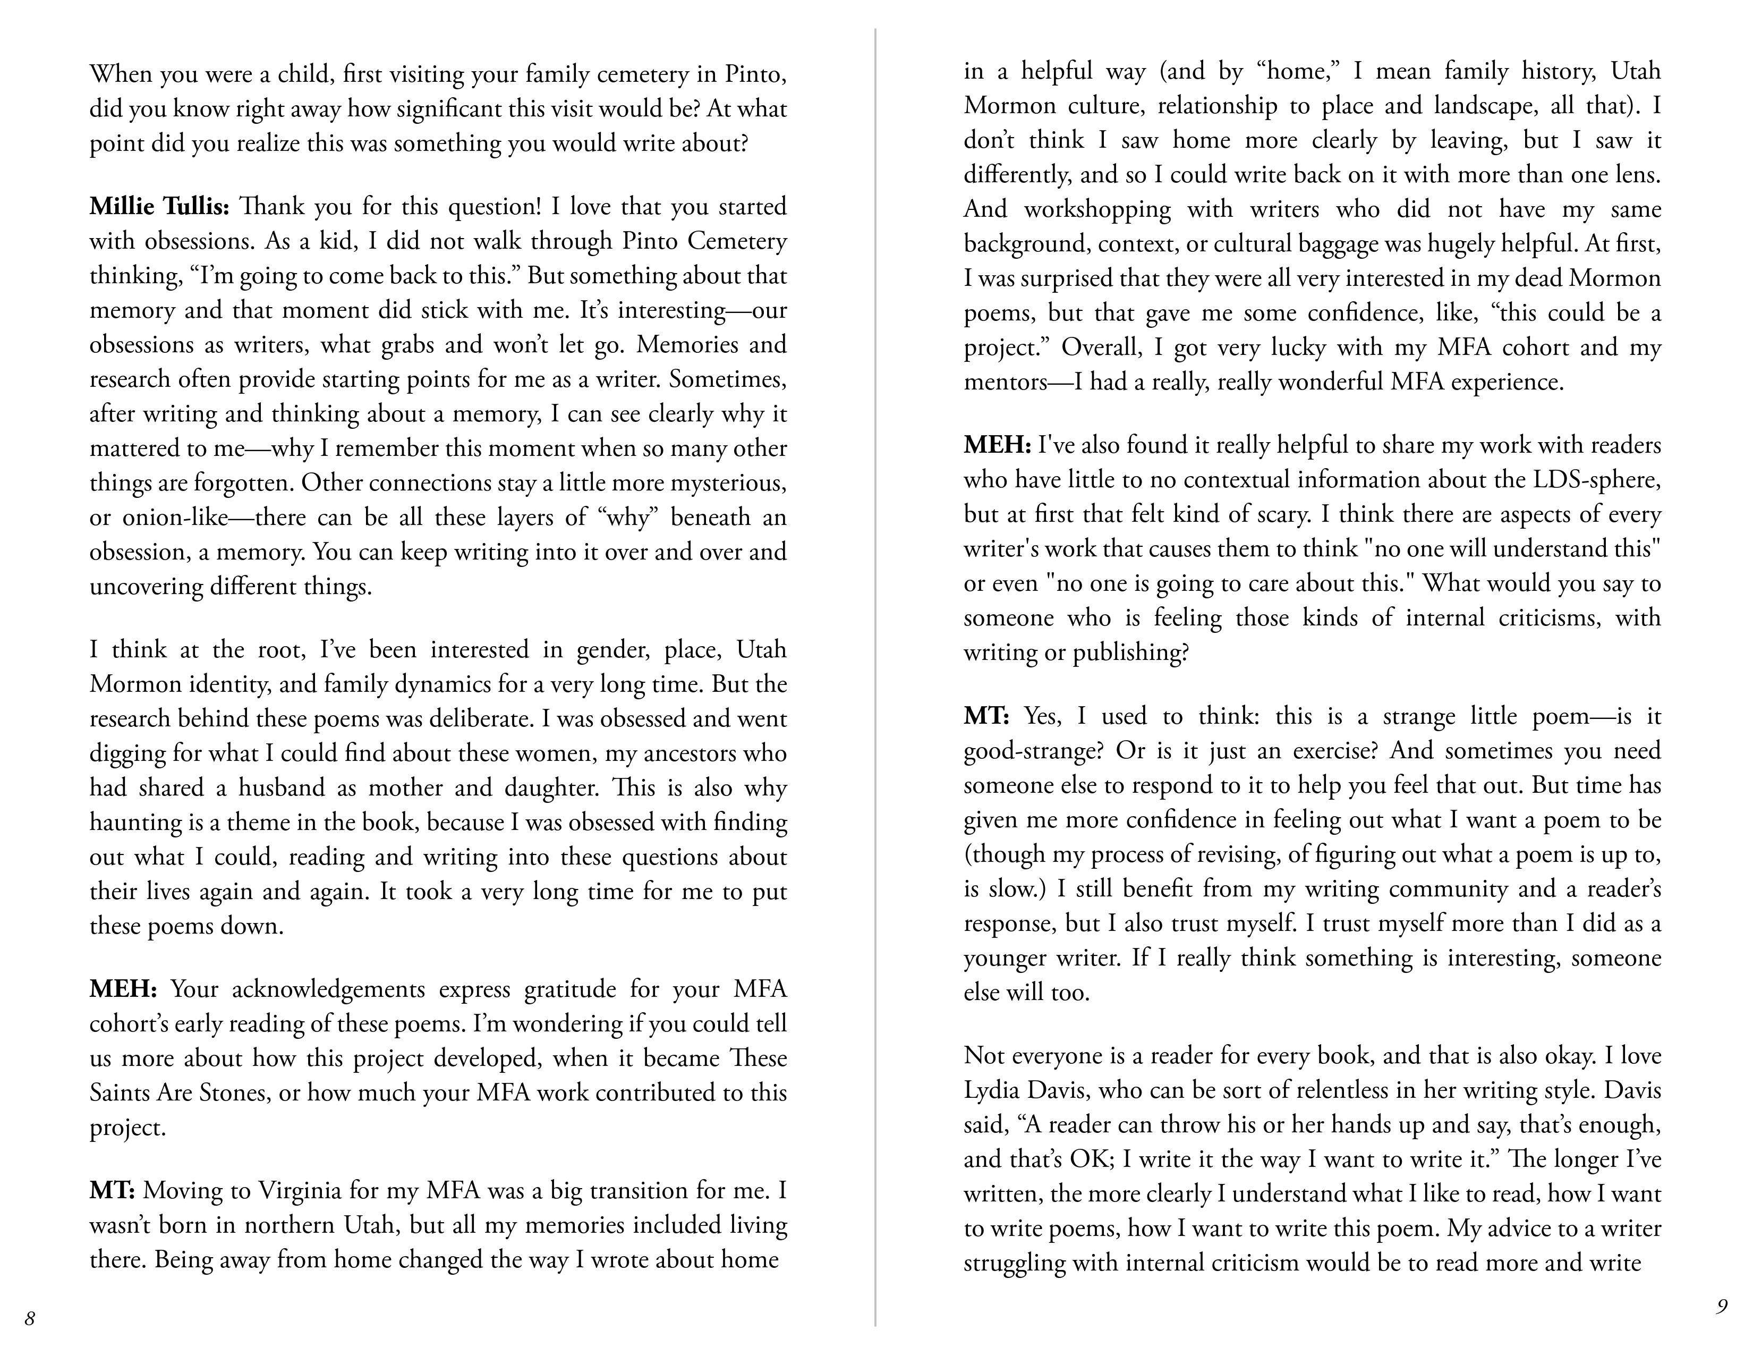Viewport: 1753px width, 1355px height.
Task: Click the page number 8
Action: tap(30, 1318)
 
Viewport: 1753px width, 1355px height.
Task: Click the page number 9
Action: tap(1721, 1306)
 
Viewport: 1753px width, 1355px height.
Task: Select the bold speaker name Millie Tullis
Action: tap(159, 207)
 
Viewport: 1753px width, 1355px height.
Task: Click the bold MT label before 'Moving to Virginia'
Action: tap(112, 1190)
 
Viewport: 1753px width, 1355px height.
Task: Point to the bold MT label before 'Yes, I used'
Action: tap(985, 716)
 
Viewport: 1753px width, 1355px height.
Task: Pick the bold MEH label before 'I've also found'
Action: tap(997, 445)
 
